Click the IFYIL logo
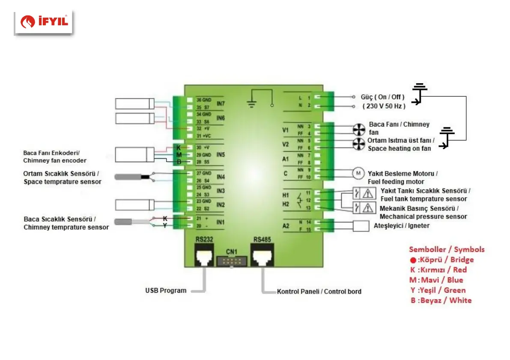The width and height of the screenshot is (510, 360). [44, 21]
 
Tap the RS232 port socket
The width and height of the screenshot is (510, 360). [204, 256]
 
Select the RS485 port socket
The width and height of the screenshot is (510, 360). [262, 256]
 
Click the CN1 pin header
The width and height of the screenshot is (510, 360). [232, 261]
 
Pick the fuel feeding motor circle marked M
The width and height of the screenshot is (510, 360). [357, 173]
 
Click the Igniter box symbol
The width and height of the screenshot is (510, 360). [361, 225]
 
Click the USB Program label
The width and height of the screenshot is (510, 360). [166, 291]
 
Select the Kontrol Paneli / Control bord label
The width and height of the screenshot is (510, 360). [319, 291]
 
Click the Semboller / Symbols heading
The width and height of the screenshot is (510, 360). [447, 249]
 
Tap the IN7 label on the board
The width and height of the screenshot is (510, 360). [221, 104]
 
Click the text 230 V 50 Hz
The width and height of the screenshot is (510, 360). [383, 106]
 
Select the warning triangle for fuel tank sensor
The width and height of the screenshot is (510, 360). [367, 194]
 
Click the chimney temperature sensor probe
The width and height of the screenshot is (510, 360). [124, 222]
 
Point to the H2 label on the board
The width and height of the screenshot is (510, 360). [286, 204]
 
